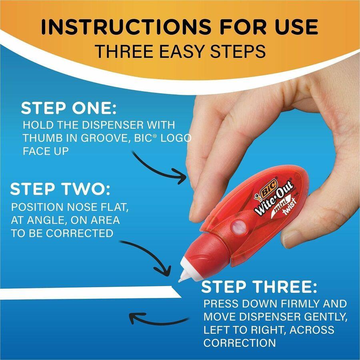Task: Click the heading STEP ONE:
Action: point(69,108)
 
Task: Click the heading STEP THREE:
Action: point(259,287)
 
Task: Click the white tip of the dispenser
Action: point(184,275)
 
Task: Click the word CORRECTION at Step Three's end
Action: point(239,343)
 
